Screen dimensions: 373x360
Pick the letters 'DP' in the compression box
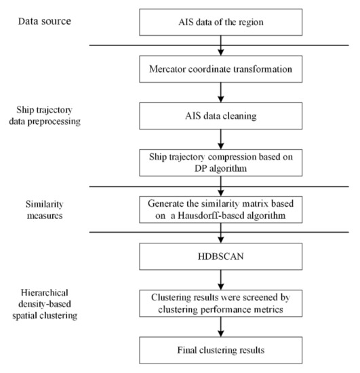(x=191, y=169)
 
